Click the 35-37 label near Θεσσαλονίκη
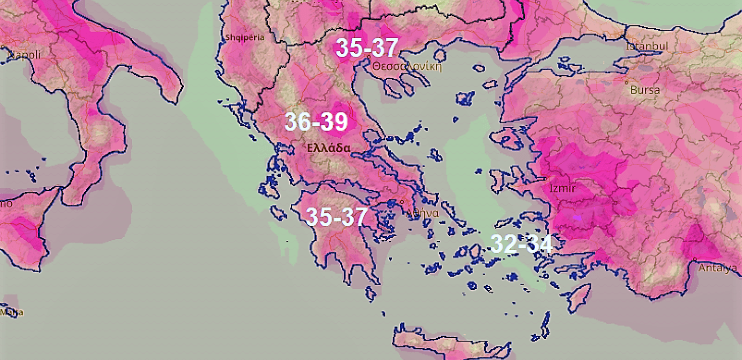(x=367, y=47)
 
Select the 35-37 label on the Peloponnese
(x=336, y=216)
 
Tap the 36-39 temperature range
(x=317, y=121)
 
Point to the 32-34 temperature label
(x=521, y=244)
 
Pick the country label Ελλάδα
(x=329, y=148)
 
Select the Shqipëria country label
(x=245, y=37)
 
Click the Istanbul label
(x=647, y=46)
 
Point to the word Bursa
(x=645, y=90)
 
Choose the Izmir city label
(x=562, y=188)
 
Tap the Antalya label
(x=717, y=268)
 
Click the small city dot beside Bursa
(x=626, y=83)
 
